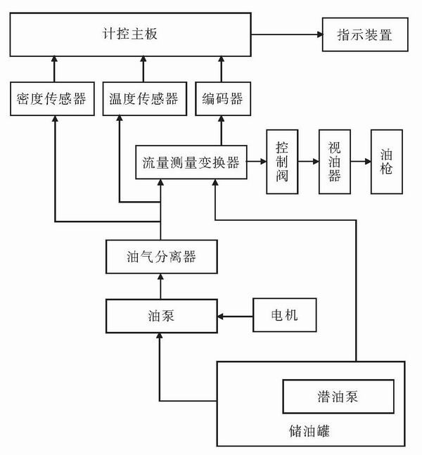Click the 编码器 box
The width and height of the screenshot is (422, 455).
click(x=222, y=99)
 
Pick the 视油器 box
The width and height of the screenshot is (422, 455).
click(x=334, y=161)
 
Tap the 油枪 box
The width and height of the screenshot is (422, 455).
click(x=386, y=161)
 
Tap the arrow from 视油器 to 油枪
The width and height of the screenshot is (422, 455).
click(x=360, y=161)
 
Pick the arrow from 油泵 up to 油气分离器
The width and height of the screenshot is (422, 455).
click(x=160, y=286)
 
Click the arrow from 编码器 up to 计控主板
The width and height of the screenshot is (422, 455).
click(x=222, y=71)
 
